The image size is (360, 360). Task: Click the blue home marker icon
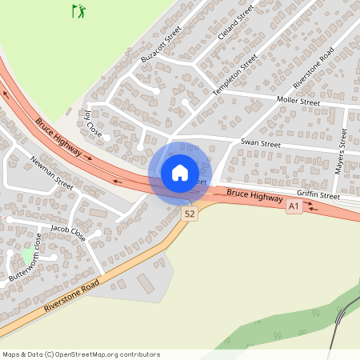(x=180, y=172)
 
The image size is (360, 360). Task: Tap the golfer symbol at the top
(x=78, y=11)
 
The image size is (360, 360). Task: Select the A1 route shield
(x=294, y=206)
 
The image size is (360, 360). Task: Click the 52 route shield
(x=190, y=214)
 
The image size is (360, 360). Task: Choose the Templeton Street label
(x=234, y=76)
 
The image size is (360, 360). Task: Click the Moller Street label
(x=298, y=102)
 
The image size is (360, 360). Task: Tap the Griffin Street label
(x=318, y=195)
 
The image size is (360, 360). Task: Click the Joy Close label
(x=94, y=126)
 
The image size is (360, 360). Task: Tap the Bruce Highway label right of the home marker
(x=254, y=194)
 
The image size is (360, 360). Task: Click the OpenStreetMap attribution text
(x=81, y=354)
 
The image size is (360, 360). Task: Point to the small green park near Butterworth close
(x=27, y=254)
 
